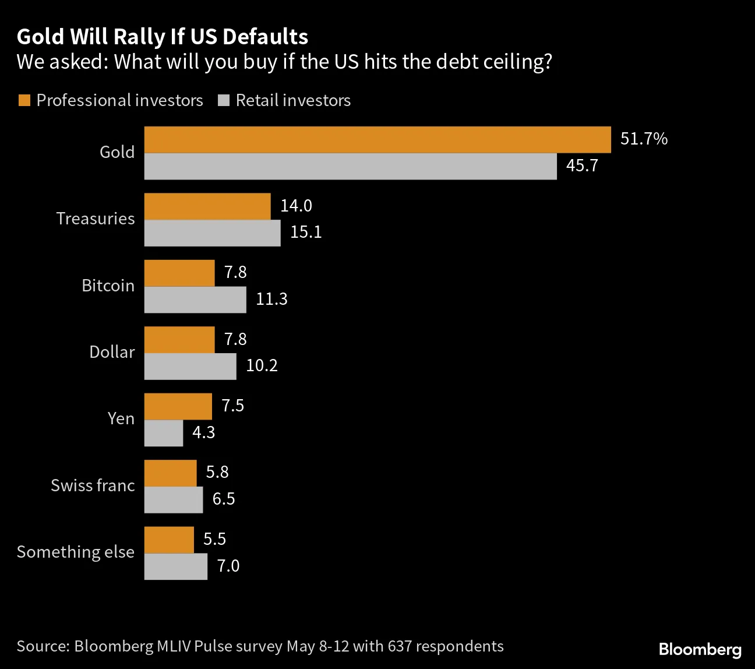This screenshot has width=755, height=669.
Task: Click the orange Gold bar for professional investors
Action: point(377,140)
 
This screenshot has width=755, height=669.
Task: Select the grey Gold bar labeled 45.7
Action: point(350,167)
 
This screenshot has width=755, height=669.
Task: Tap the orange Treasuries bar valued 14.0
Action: point(207,206)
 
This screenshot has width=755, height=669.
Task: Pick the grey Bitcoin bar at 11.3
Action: point(195,300)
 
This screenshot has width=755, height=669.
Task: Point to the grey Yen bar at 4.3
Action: point(164,433)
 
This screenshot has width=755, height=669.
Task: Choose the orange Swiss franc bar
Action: point(170,473)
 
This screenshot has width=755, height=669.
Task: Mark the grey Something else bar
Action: point(175,566)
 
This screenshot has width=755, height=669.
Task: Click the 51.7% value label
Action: point(644,139)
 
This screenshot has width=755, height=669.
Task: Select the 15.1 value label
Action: point(306,233)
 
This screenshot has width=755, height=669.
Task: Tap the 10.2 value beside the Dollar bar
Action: point(262,366)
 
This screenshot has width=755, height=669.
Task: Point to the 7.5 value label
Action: point(232,406)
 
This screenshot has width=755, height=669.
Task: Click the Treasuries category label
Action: point(96,219)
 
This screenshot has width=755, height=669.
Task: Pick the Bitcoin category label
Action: point(108,286)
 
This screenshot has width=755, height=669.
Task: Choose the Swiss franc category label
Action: point(93,485)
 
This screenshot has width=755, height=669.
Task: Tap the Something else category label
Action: point(76,552)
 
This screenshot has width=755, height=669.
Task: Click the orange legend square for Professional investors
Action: point(24,100)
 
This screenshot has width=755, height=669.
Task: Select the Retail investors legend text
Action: point(293,100)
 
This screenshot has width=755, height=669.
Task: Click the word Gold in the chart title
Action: point(40,37)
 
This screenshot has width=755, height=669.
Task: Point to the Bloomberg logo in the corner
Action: point(700,649)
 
